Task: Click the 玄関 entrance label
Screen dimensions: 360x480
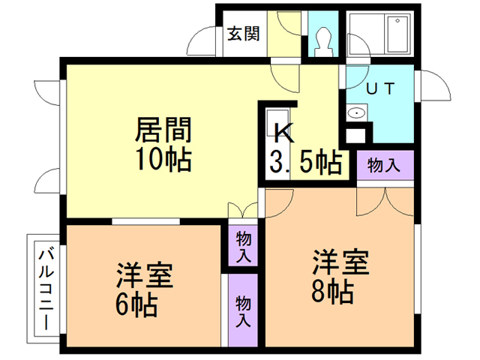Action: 244,34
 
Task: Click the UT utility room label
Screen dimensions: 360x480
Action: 380,87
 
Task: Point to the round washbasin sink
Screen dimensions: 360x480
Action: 357,114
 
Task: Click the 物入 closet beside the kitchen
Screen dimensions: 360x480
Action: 383,164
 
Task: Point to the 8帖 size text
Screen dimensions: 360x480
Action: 332,291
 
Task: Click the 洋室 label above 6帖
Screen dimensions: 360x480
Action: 145,275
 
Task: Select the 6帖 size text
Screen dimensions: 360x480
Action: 136,304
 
